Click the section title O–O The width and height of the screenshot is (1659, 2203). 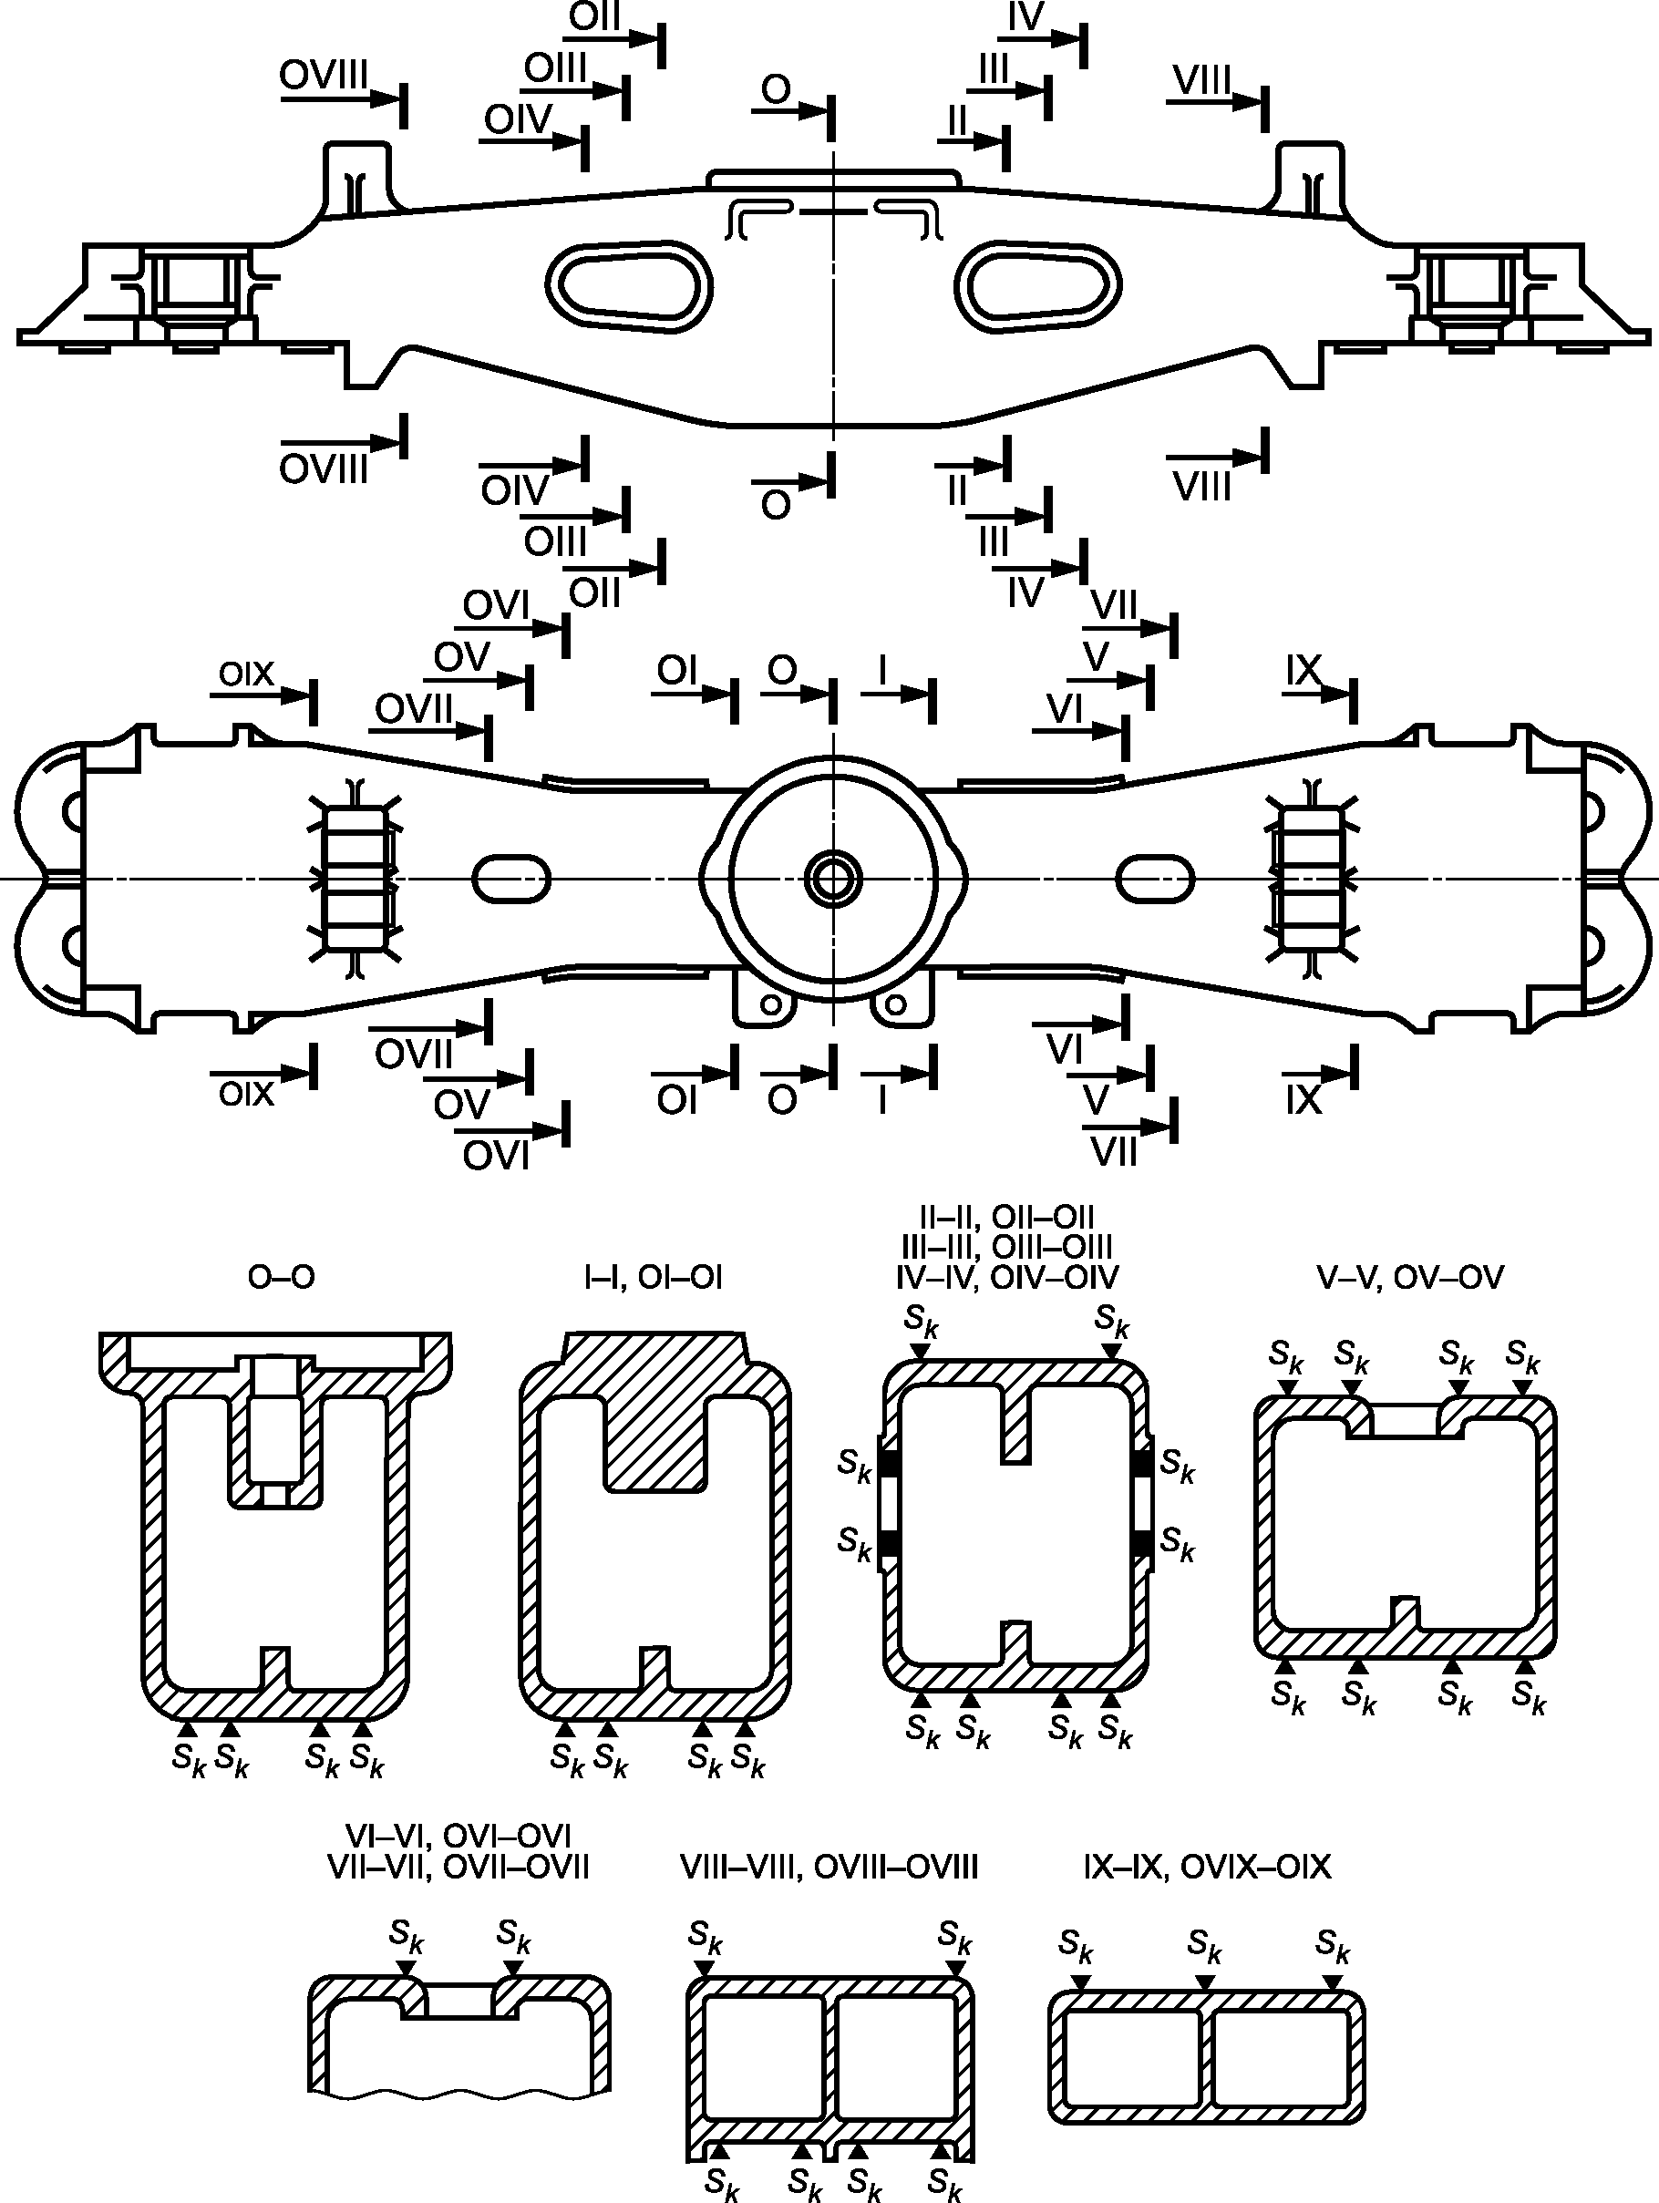pyautogui.click(x=282, y=1277)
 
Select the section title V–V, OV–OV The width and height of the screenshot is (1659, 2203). pyautogui.click(x=1410, y=1277)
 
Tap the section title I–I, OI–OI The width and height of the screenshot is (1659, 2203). pyautogui.click(x=654, y=1277)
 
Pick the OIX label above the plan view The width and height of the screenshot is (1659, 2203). pyautogui.click(x=246, y=674)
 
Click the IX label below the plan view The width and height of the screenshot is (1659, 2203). pyautogui.click(x=1303, y=1099)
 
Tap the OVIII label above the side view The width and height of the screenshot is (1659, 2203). pyautogui.click(x=324, y=75)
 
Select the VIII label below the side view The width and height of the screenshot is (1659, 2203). pyautogui.click(x=1202, y=487)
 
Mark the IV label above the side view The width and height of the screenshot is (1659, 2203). pyautogui.click(x=1025, y=17)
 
